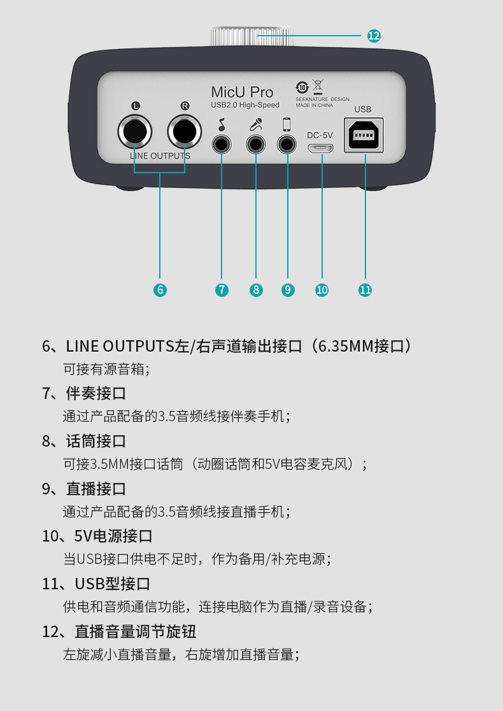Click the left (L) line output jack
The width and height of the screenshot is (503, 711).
pos(134,131)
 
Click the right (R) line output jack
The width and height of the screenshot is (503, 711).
pos(185,131)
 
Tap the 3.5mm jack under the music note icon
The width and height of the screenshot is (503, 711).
pos(222,145)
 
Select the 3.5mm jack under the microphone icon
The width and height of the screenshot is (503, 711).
pos(255,145)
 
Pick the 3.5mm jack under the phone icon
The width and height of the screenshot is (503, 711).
pos(287,145)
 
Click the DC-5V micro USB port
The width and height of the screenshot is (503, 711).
pos(321,148)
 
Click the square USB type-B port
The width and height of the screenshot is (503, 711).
pos(364,135)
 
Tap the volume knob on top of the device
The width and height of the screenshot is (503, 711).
pos(252,37)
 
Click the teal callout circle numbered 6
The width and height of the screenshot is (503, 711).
pos(160,290)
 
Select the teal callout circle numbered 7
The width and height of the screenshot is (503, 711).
pos(222,290)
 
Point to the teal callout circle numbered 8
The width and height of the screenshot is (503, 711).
pos(256,290)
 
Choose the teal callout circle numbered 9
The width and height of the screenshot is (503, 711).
pos(288,290)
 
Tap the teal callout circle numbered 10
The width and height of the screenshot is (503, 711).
pos(322,290)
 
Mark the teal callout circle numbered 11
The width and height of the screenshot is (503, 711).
pos(365,290)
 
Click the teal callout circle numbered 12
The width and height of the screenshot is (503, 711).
pos(374,36)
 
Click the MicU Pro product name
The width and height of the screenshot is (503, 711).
pos(242,92)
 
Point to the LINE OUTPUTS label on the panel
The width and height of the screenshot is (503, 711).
pos(160,156)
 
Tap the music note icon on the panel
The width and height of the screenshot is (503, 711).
pos(222,124)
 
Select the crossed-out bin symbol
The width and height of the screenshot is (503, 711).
pos(318,86)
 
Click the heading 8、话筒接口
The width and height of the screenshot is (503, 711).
pos(84,441)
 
